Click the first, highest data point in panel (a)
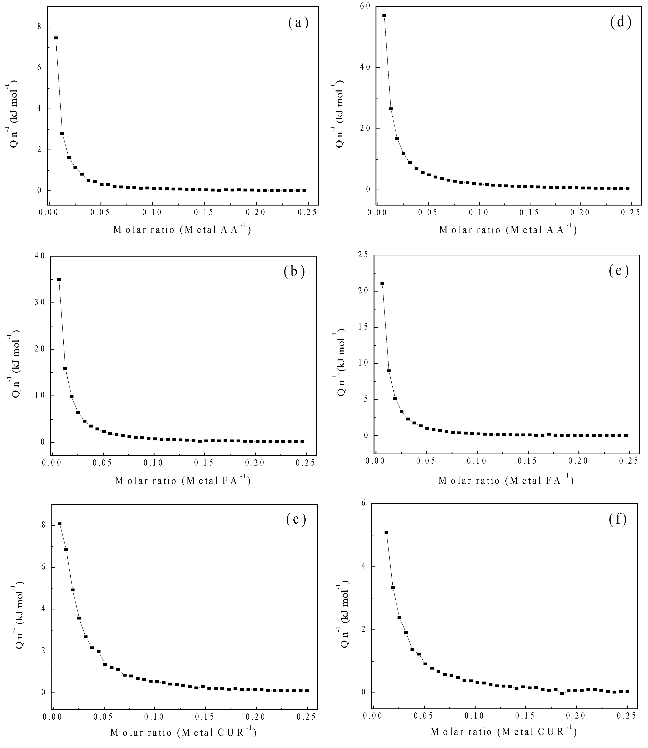click(56, 38)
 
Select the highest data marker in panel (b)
click(59, 280)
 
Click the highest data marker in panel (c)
click(59, 524)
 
